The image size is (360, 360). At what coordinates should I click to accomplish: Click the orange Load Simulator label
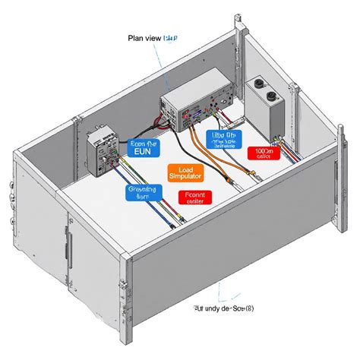click(x=190, y=173)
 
